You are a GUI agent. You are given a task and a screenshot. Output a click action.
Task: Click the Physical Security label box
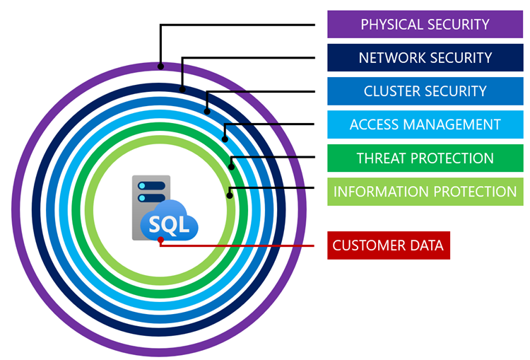click(x=425, y=24)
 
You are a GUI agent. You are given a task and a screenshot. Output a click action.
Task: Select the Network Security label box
click(x=425, y=57)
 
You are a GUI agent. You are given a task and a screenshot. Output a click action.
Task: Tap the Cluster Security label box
click(x=425, y=91)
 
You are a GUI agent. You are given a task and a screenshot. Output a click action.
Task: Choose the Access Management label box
click(x=425, y=124)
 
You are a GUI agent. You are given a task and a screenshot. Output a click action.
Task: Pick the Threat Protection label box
click(x=425, y=158)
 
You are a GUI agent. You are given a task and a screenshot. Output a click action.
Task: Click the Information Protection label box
click(x=425, y=192)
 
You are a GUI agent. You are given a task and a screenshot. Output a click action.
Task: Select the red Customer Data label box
click(x=388, y=245)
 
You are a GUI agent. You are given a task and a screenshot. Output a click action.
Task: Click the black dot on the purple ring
click(x=161, y=66)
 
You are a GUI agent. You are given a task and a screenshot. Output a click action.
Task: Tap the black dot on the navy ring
click(x=182, y=90)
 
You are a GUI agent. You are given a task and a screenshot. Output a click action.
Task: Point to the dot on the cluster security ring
click(x=207, y=110)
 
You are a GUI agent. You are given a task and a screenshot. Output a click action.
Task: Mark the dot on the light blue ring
click(x=224, y=138)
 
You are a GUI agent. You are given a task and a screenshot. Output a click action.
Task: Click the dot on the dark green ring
click(x=231, y=167)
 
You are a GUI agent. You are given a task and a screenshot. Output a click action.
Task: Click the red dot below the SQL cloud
click(x=161, y=240)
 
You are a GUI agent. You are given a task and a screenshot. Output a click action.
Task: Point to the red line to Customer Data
click(x=240, y=245)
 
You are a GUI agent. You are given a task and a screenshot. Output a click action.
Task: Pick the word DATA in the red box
click(x=425, y=245)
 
